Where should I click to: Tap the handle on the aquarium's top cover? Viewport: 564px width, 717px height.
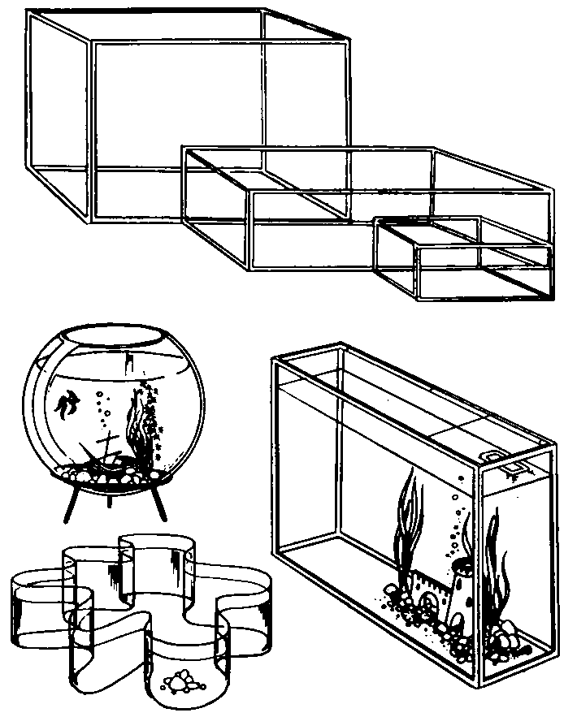click(494, 457)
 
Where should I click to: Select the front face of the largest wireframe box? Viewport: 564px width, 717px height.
click(219, 130)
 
